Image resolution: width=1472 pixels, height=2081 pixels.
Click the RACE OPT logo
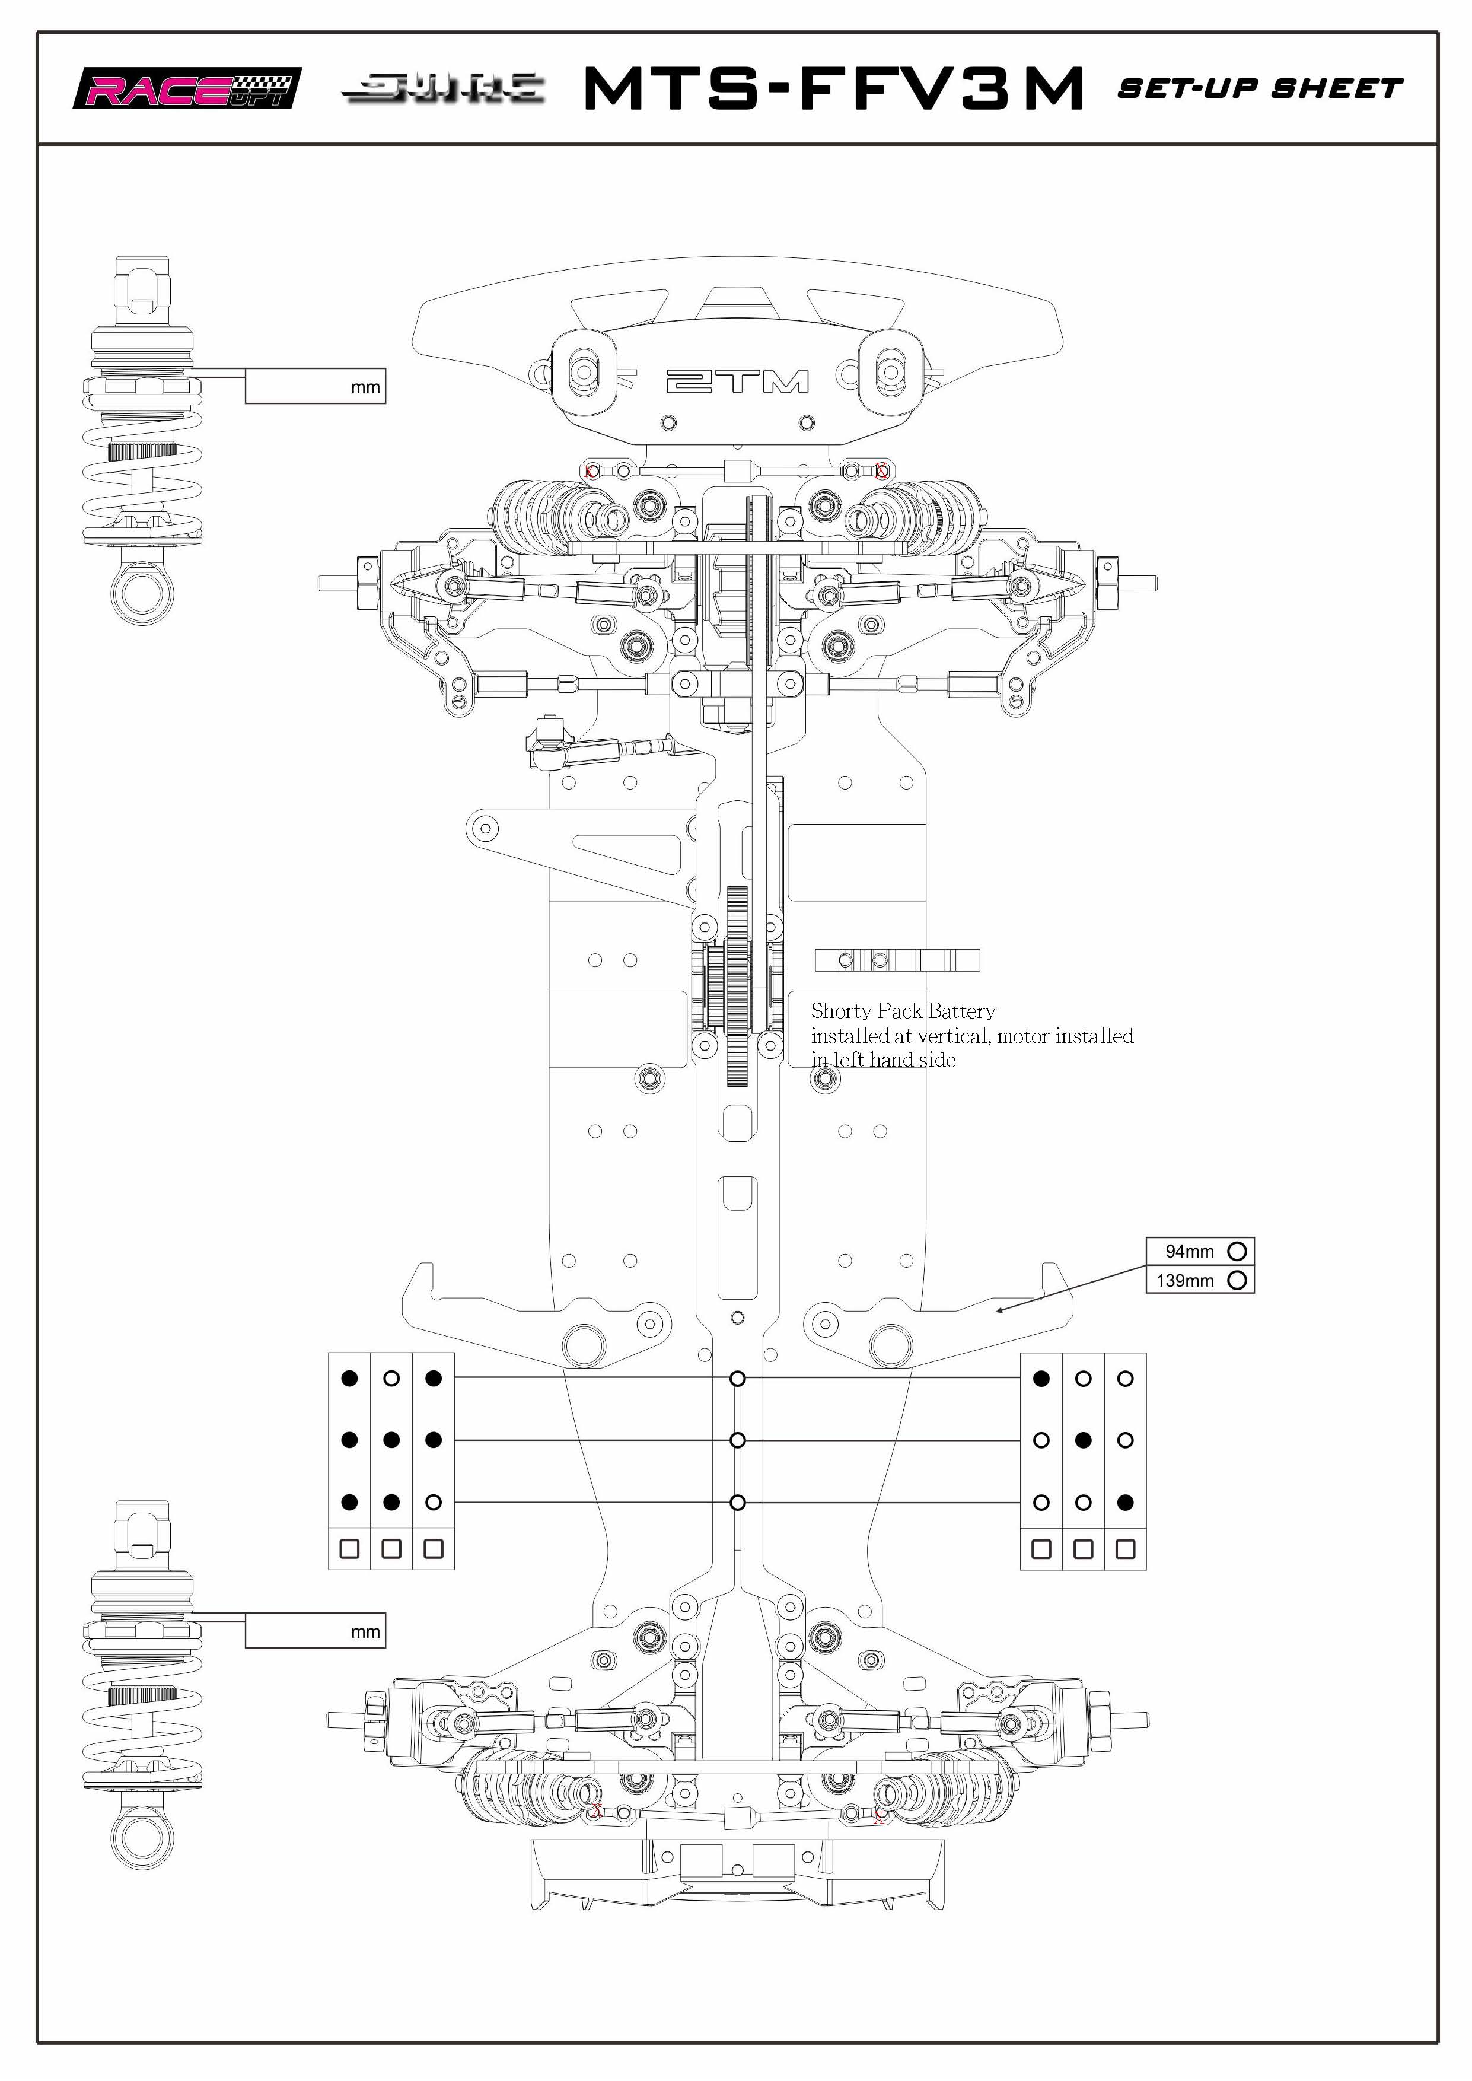pos(187,89)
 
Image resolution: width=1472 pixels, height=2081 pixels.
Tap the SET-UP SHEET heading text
pos(1260,89)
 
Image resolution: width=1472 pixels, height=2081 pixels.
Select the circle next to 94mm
pos(1237,1250)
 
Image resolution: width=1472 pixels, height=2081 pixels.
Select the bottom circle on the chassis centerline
pos(738,1502)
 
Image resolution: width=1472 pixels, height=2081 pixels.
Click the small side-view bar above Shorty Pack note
pos(897,960)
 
